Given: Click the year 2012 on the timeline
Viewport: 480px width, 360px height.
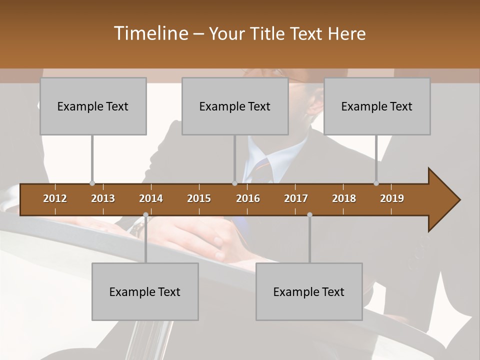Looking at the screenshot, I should tap(55, 198).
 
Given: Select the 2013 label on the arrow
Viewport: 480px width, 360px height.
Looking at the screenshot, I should tap(103, 198).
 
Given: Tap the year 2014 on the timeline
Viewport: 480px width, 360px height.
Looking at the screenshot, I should tap(151, 198).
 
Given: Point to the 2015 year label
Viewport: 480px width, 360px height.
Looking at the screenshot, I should tap(199, 198).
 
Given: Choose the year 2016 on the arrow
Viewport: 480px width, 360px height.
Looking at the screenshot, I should tap(248, 198).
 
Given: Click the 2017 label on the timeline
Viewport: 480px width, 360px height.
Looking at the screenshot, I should tap(296, 198).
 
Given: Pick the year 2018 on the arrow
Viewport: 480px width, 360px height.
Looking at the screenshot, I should tap(344, 198).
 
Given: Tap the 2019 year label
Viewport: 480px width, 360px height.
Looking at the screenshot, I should tap(392, 198).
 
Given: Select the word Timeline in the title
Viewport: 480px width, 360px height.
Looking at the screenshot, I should tap(149, 33).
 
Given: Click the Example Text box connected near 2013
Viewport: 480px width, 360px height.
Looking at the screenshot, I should tap(93, 106).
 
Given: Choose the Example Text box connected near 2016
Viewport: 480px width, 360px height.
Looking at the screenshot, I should tap(235, 106).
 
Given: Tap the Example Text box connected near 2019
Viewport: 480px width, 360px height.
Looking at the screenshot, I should tap(377, 106).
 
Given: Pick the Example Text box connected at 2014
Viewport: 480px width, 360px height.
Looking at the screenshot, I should tap(145, 291).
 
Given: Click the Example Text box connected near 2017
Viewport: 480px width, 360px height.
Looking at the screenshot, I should tap(309, 291).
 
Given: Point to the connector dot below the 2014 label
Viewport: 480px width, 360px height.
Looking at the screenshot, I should tap(145, 215).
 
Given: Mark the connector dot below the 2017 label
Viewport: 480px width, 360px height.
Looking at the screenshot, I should tap(309, 215).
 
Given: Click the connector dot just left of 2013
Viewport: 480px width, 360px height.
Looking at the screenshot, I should tap(92, 183).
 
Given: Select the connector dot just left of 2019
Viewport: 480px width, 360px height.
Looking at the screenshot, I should tap(376, 183).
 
